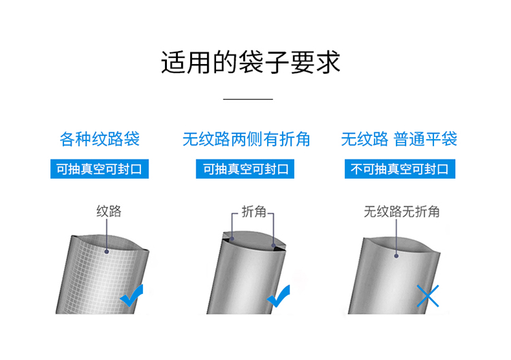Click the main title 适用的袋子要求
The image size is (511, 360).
pyautogui.click(x=251, y=62)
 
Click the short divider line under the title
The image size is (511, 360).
pyautogui.click(x=248, y=99)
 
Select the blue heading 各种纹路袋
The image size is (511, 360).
pyautogui.click(x=99, y=139)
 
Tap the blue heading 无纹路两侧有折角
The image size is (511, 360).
pyautogui.click(x=246, y=139)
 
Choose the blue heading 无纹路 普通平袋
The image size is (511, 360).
pyautogui.click(x=399, y=139)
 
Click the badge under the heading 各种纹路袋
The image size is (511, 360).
pyautogui.click(x=99, y=169)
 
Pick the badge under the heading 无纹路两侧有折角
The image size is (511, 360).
pyautogui.click(x=245, y=169)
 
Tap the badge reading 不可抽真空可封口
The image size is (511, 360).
pyautogui.click(x=400, y=169)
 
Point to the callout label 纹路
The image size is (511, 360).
pyautogui.click(x=109, y=211)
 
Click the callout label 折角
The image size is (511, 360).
pyautogui.click(x=254, y=211)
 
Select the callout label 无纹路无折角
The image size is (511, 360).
pyautogui.click(x=401, y=211)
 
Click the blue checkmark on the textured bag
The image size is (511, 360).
pyautogui.click(x=131, y=295)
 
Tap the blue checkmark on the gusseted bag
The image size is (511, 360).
pyautogui.click(x=278, y=296)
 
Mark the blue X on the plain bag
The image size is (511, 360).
pyautogui.click(x=428, y=296)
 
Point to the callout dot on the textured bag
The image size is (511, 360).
pyautogui.click(x=106, y=252)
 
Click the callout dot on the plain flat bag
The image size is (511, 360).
pyautogui.click(x=397, y=256)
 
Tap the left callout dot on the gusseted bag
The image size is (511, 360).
pyautogui.click(x=232, y=239)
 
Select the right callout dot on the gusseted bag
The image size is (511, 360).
pyautogui.click(x=273, y=245)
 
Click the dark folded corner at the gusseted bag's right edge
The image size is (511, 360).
pyautogui.click(x=279, y=248)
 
